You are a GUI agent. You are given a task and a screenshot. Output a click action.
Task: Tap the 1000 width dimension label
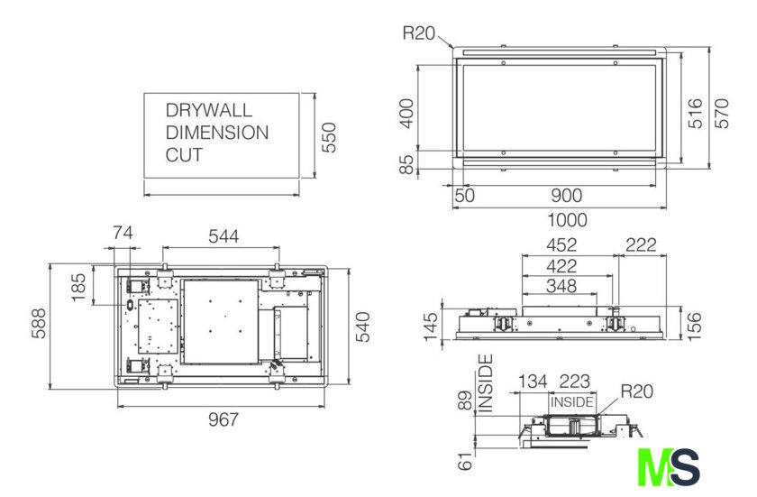(x=567, y=219)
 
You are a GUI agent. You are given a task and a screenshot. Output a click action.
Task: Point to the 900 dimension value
(x=567, y=196)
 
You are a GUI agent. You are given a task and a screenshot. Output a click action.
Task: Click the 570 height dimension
(x=722, y=113)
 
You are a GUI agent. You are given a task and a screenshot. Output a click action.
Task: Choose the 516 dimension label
(x=695, y=114)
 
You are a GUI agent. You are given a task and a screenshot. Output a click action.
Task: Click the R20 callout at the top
(x=418, y=34)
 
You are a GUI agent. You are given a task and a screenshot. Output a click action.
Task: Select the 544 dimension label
(x=223, y=236)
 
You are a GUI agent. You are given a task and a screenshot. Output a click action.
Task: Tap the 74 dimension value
(x=123, y=234)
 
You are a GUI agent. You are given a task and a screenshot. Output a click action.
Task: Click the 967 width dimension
(x=223, y=419)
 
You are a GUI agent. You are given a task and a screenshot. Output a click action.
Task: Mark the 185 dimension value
(x=80, y=288)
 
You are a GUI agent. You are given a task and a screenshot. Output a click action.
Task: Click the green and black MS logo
(x=669, y=467)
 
